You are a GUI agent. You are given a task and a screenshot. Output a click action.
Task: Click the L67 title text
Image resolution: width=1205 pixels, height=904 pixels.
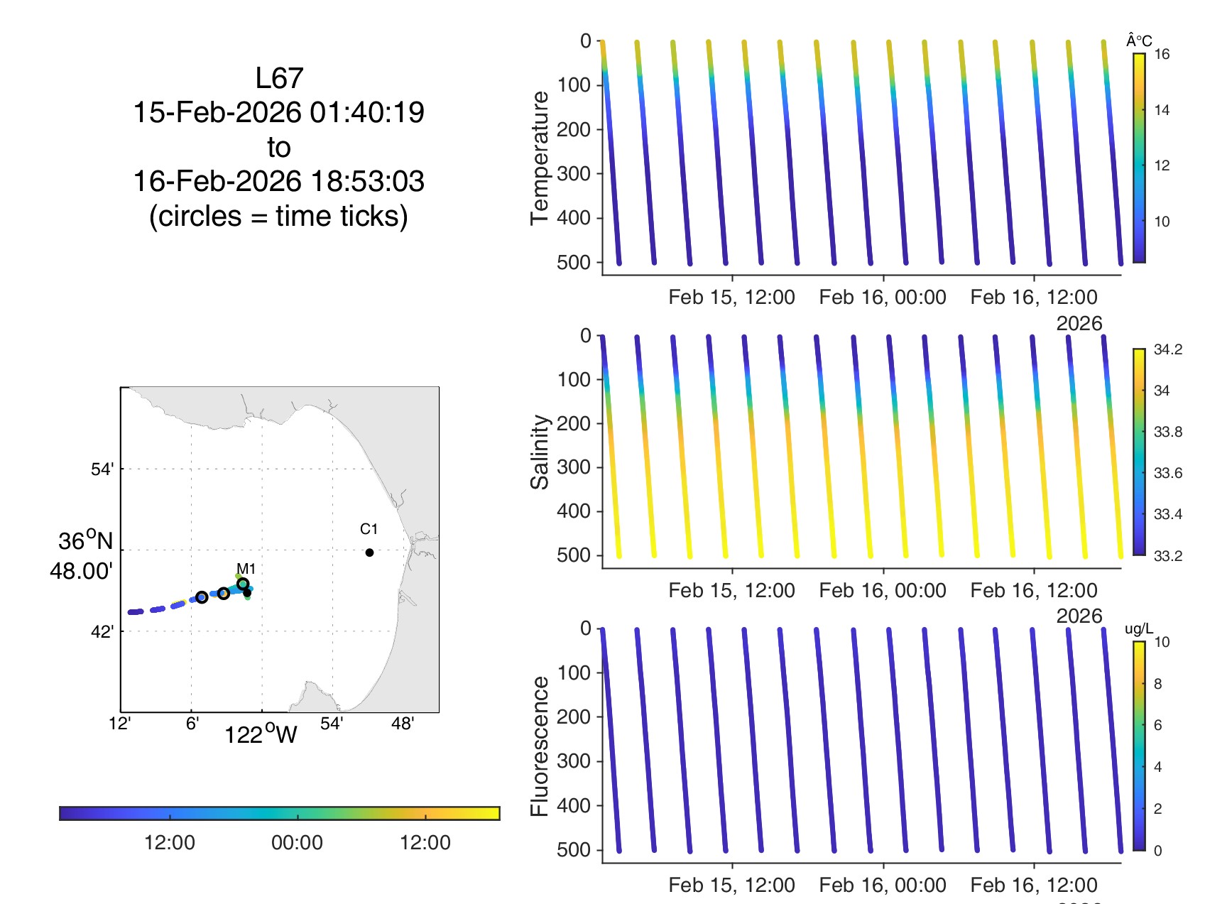coord(279,78)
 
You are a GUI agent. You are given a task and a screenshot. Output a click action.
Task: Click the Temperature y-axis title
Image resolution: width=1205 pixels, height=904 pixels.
coord(540,158)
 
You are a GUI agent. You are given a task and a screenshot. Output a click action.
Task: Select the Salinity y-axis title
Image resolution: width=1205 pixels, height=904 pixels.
coord(540,452)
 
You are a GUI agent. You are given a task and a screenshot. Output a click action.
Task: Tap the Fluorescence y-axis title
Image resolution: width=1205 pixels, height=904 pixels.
coord(540,746)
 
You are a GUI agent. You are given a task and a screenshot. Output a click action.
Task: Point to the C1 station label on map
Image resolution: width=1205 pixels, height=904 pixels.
coord(369,529)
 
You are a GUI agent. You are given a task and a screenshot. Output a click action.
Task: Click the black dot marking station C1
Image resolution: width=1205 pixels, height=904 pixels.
coord(369,552)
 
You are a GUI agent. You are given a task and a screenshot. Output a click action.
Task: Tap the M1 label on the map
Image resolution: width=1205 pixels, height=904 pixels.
coord(246,569)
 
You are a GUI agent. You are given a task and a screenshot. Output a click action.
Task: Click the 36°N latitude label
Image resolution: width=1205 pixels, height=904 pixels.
coord(85,541)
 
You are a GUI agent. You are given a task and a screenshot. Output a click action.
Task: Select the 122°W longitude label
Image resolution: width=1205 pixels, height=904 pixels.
coord(261,734)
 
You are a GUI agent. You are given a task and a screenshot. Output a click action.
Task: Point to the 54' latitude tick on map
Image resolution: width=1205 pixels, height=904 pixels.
coord(102,469)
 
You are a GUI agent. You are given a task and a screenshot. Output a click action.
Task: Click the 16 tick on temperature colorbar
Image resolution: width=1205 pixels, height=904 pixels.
coord(1162,55)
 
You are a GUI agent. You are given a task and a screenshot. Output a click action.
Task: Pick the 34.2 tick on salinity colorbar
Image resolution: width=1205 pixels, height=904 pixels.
coord(1167,349)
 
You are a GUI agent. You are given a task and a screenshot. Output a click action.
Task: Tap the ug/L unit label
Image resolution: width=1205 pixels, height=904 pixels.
coord(1139,629)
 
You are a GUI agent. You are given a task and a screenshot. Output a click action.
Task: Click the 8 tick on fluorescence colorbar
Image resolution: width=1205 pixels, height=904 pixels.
coord(1158,684)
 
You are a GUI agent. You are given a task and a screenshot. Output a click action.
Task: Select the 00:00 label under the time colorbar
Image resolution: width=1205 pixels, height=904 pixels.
coord(297,843)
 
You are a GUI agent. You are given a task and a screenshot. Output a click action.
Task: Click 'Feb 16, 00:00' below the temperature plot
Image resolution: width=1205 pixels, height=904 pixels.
coord(883,297)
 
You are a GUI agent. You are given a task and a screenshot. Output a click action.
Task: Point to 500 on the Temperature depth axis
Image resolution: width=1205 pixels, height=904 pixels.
coord(574,263)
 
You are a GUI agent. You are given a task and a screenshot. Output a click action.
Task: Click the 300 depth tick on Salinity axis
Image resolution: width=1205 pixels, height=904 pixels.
coord(574,467)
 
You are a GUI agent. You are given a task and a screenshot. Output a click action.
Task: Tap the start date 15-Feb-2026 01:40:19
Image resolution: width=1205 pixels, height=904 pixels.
coord(279,112)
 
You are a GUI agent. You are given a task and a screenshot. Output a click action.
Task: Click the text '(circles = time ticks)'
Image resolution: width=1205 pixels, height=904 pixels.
coord(279,216)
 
